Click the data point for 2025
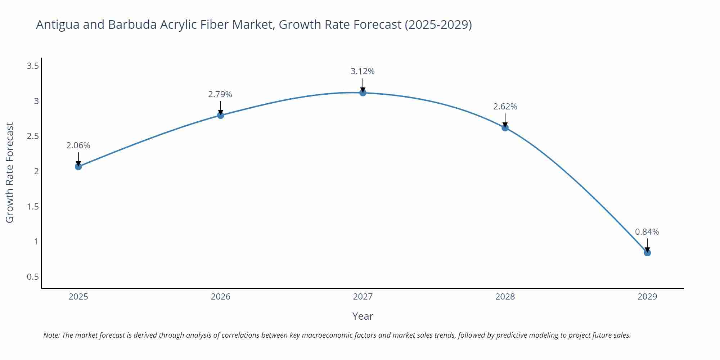(78, 166)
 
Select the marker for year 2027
(363, 93)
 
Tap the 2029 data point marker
(647, 253)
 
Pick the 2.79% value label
(220, 94)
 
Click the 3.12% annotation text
(363, 71)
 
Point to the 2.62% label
(505, 107)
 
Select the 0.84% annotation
(647, 232)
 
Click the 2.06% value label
(78, 145)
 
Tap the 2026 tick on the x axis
(220, 297)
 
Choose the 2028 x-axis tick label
(505, 297)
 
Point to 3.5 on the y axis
(33, 66)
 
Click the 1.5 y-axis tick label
(33, 207)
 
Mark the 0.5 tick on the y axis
(33, 277)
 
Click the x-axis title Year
(363, 316)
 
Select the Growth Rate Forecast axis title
(10, 172)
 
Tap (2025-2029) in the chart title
(438, 24)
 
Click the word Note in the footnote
(51, 335)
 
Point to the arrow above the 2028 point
(505, 120)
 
